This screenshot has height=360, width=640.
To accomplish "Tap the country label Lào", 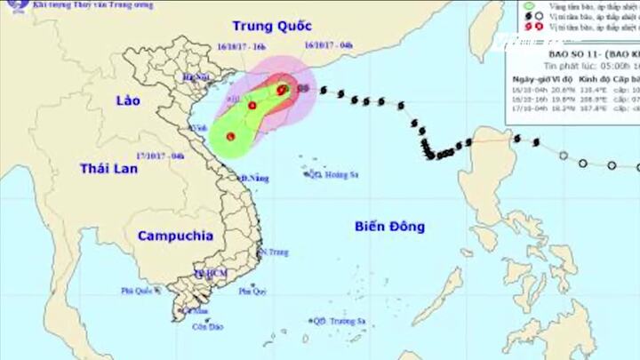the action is pyautogui.click(x=128, y=101).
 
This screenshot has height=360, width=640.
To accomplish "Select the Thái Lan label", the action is pyautogui.click(x=108, y=168).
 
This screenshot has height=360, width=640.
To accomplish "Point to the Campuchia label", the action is pyautogui.click(x=175, y=236).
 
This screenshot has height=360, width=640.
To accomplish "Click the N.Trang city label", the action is pyautogui.click(x=276, y=252).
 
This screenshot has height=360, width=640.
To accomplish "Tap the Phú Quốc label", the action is pyautogui.click(x=139, y=290).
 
